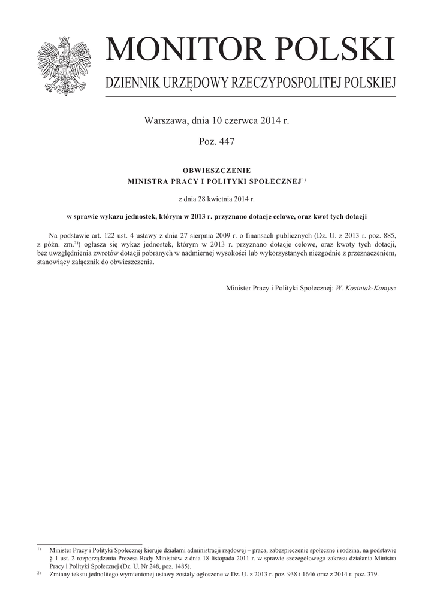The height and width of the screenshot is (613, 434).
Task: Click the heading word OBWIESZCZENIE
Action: coord(216,170)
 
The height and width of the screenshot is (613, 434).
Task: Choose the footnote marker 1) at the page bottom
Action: coord(39,549)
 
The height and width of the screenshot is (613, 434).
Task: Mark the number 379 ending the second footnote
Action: coord(372,575)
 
